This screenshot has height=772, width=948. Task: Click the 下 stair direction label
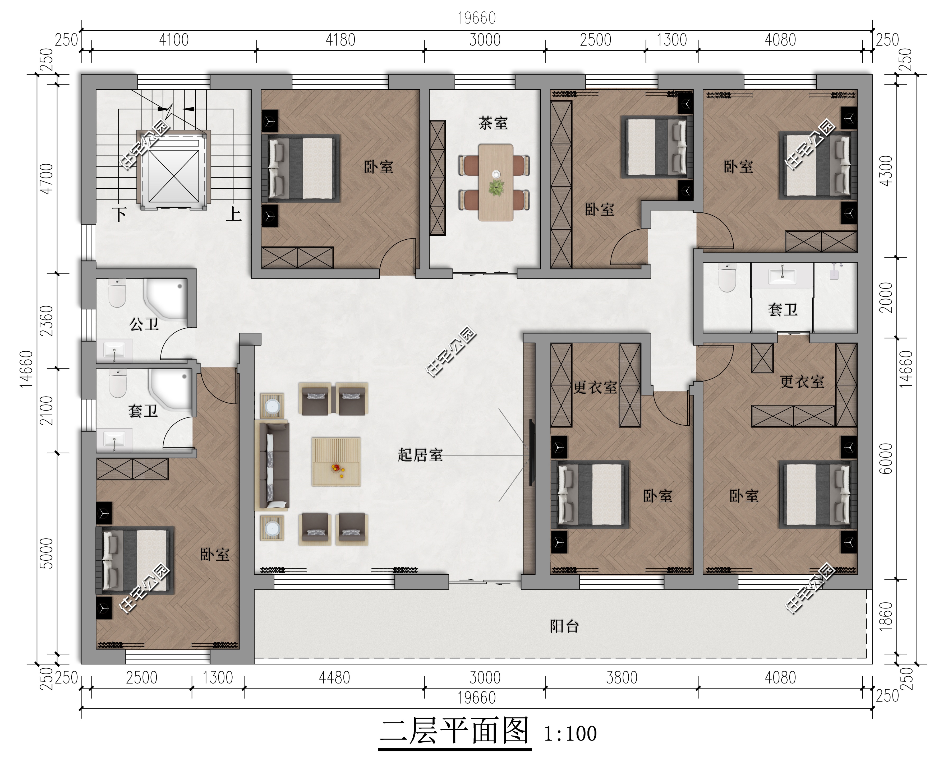pyautogui.click(x=120, y=214)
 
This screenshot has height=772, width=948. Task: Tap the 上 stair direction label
pyautogui.click(x=233, y=214)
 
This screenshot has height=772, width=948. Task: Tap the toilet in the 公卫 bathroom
pyautogui.click(x=117, y=293)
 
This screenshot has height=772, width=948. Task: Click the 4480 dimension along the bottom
pyautogui.click(x=334, y=678)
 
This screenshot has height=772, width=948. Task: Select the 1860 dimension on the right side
pyautogui.click(x=886, y=616)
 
